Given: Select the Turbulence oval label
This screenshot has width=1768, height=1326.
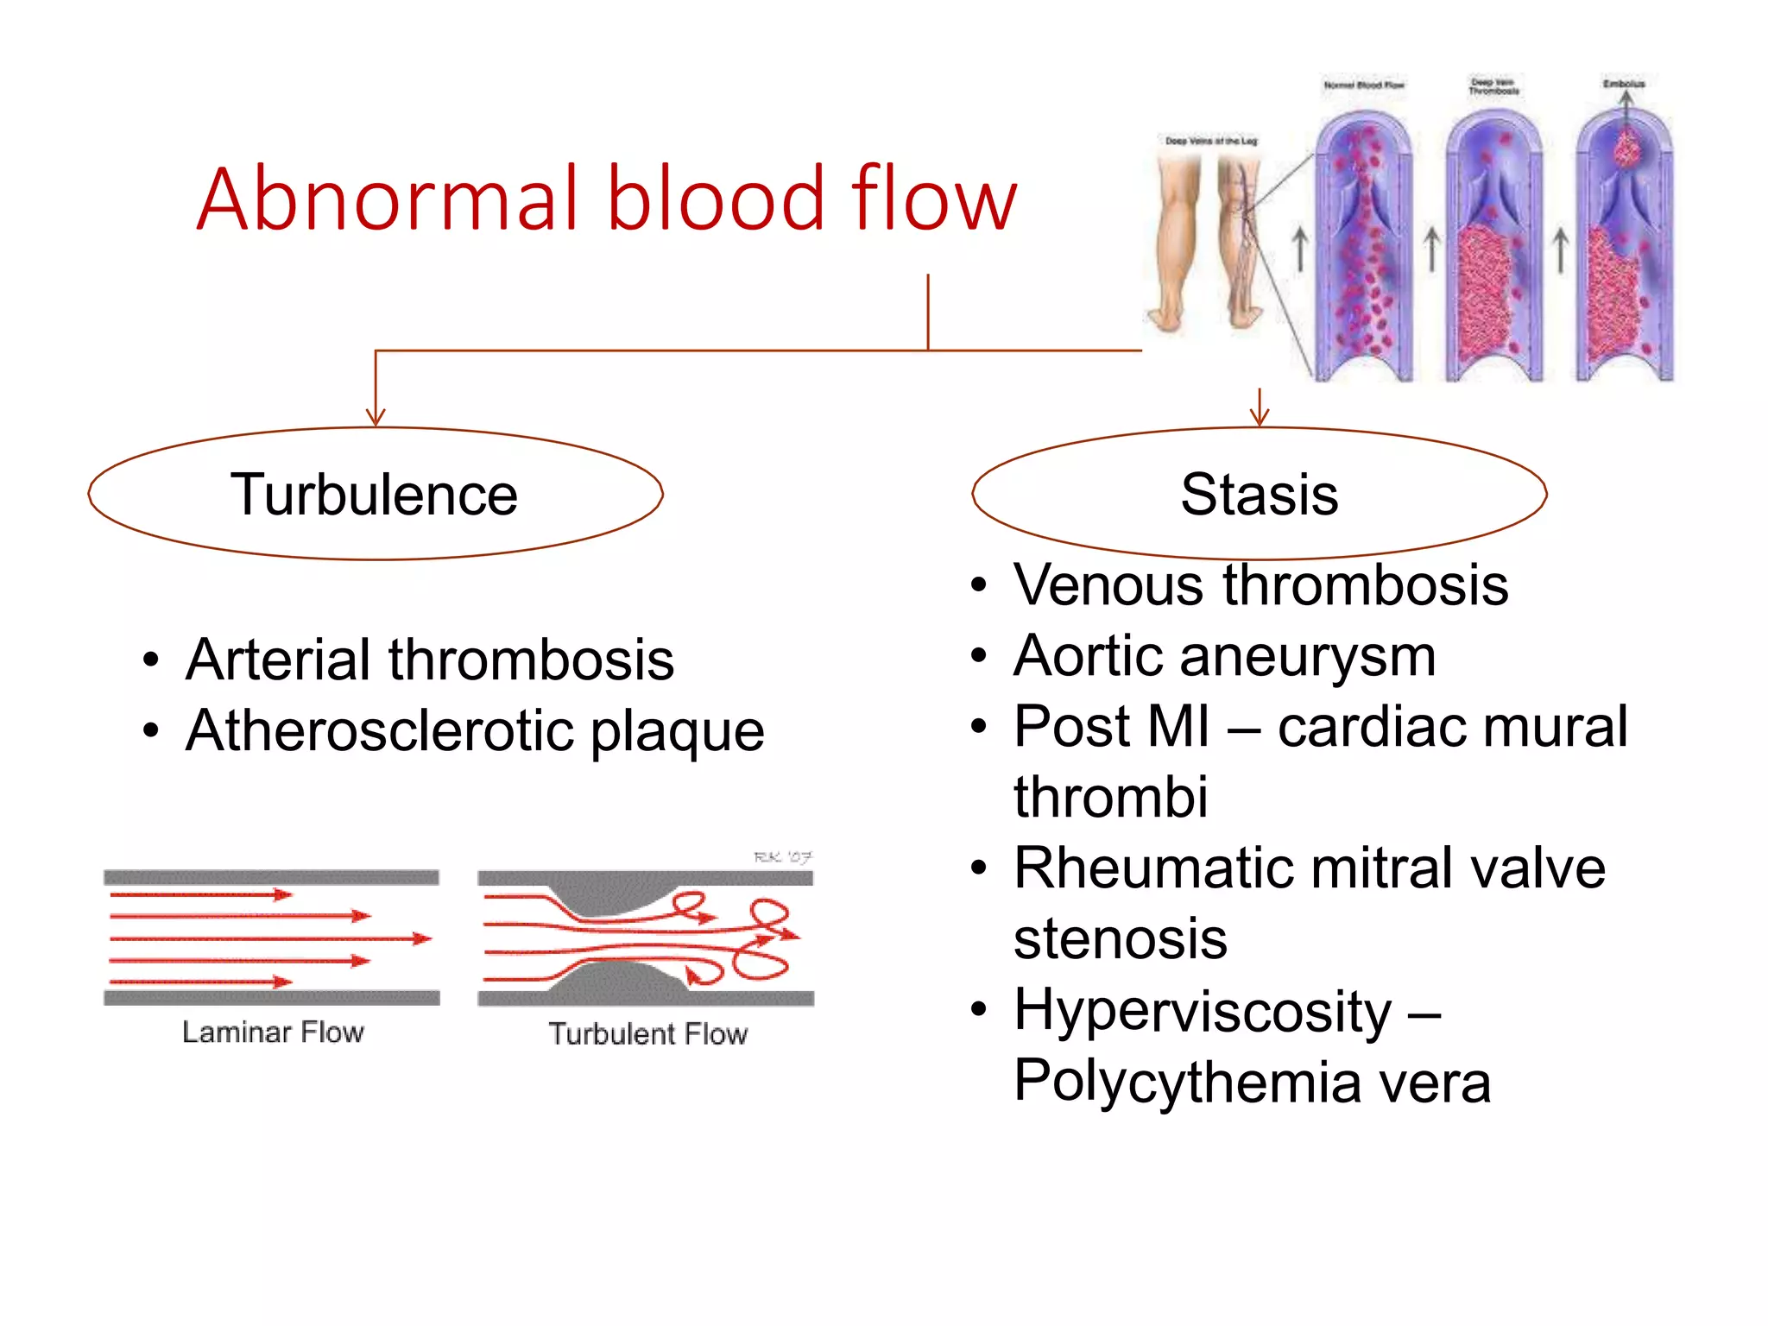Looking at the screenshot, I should (374, 495).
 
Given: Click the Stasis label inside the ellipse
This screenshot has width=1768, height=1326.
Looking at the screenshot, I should (1259, 495).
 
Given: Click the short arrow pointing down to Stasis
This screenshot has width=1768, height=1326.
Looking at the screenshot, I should (1260, 407).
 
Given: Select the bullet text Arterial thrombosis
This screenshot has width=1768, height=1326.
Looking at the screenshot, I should (429, 660).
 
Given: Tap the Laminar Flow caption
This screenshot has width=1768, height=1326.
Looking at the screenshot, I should (273, 1032).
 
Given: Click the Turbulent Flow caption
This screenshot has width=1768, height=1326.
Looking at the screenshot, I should (647, 1033).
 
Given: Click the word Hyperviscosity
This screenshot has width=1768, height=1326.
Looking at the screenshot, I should (1202, 1011).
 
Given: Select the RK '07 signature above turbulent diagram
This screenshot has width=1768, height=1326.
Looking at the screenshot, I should (782, 856).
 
